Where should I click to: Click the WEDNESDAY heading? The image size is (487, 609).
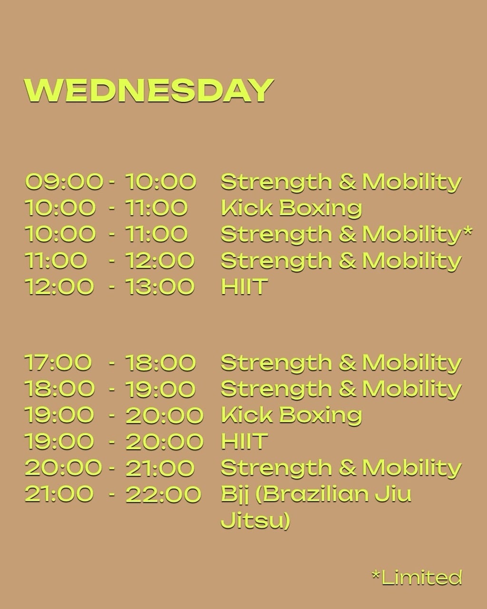coord(149,90)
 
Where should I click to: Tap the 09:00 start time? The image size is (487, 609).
coord(64,181)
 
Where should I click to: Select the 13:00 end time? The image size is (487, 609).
coord(160,286)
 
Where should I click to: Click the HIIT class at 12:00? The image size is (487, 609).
coord(244,286)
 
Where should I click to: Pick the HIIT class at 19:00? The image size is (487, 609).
coord(244,442)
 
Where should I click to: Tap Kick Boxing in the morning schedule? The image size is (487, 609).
coord(291,208)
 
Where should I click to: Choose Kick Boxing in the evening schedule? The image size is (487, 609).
coord(291,415)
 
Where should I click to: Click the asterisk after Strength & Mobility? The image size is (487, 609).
coord(468,231)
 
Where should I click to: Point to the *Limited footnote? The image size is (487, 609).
coord(417,578)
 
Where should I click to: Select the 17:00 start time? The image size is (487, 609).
coord(58,363)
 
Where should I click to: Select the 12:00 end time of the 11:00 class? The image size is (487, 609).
coord(160,260)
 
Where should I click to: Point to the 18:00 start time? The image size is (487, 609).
coord(59,389)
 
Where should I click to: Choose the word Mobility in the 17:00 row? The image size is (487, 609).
coord(412,363)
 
